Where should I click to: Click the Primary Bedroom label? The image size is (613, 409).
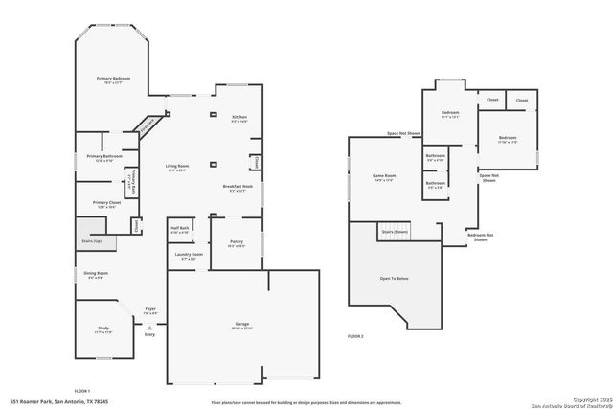pos(113,79)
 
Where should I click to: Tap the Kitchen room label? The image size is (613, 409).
pos(238,118)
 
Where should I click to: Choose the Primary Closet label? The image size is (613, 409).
pos(106,203)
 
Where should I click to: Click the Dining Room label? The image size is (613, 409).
pos(98,275)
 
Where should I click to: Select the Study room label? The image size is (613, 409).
pos(102,329)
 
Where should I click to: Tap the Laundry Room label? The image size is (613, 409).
pos(189,255)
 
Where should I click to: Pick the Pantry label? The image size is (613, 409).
pos(238,243)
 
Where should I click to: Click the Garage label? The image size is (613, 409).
pos(242,326)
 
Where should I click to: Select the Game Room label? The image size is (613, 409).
pos(383,177)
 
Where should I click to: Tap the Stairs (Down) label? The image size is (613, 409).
pos(395,232)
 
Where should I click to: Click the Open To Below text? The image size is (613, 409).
pos(395,279)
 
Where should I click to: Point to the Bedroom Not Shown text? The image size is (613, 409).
pos(480,238)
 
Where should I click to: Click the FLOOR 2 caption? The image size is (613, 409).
pos(355,337)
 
